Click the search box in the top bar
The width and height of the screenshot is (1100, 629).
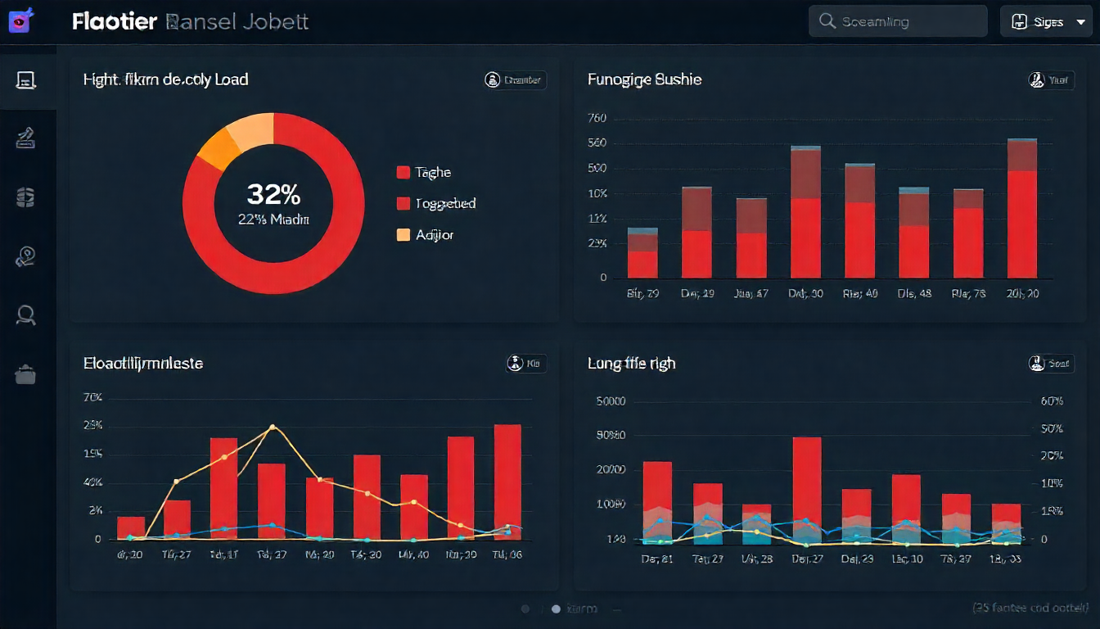pos(898,22)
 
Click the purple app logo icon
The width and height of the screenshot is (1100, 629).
pos(20,20)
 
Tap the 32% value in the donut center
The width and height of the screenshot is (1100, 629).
pos(273,194)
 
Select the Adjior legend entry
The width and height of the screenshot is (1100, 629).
pos(426,235)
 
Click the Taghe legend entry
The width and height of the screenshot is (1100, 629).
pos(424,173)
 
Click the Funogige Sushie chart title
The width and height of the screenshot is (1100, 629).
pos(644,79)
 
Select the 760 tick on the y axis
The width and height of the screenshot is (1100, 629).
pos(597,118)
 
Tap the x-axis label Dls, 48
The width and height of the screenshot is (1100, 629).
pos(914,293)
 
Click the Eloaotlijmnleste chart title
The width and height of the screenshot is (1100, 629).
pos(143,363)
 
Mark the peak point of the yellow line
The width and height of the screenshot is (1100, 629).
pos(273,428)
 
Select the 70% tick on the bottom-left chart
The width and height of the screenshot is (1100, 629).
pos(92,398)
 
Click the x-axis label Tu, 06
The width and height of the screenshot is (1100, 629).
pos(507,554)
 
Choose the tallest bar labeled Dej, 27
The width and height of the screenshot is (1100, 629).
pos(807,490)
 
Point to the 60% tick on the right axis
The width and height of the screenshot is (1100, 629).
pos(1051,401)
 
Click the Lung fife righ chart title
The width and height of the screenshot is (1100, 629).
pos(631,363)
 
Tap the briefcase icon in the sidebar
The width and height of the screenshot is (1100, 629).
pos(25,374)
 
